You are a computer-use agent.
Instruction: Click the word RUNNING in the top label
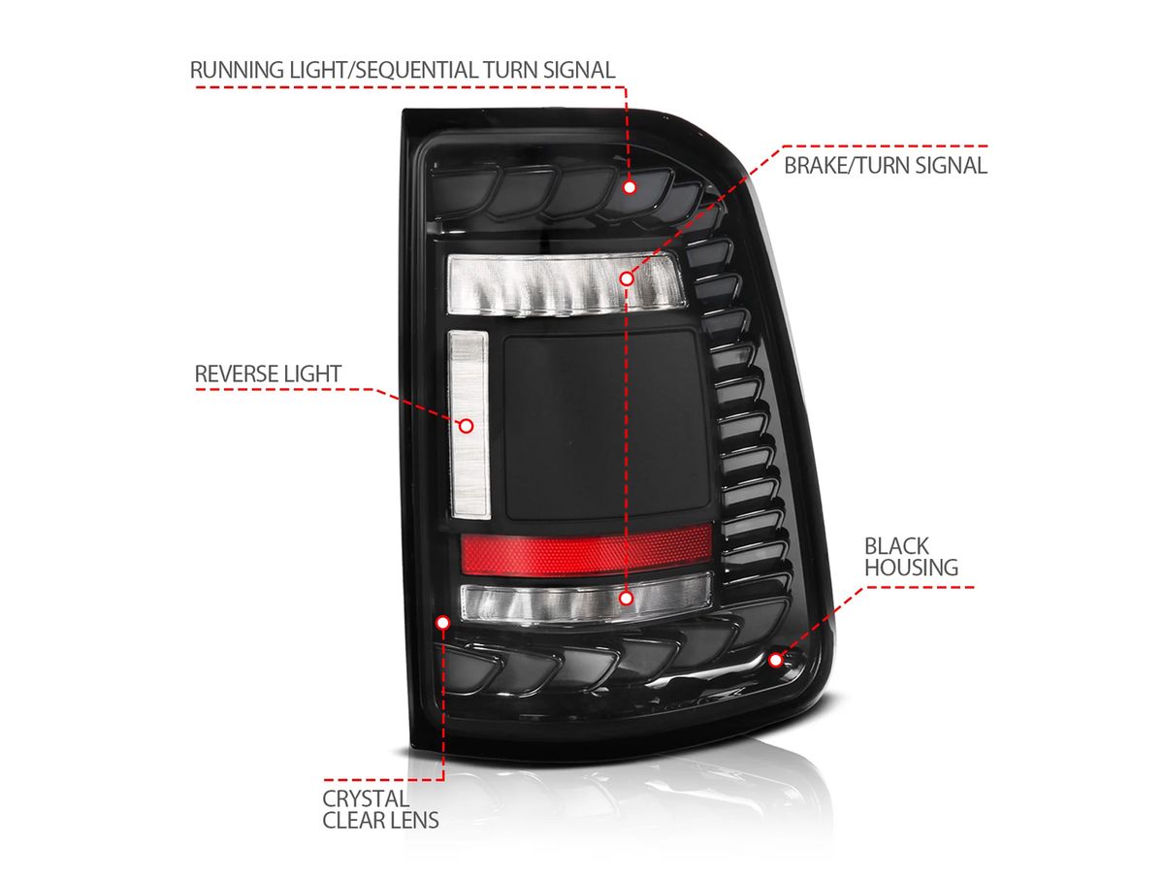(x=239, y=70)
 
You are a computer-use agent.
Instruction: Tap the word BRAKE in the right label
(x=818, y=165)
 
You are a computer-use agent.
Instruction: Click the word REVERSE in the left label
(x=237, y=374)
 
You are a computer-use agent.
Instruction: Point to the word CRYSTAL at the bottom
(x=366, y=798)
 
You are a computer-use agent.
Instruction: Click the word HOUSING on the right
(x=911, y=568)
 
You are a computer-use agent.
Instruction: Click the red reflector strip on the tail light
(x=586, y=550)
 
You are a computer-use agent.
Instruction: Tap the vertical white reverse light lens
(x=469, y=424)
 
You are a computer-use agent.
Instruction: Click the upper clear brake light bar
(x=566, y=282)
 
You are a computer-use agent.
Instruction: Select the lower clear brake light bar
(x=586, y=597)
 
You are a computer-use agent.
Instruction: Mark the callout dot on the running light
(x=630, y=187)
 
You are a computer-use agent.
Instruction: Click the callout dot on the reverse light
(x=467, y=426)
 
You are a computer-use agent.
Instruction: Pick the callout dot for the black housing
(x=775, y=660)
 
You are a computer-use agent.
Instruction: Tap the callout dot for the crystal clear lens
(x=442, y=623)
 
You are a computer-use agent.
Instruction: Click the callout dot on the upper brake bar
(x=627, y=278)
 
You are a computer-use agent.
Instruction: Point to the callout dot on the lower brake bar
(x=627, y=599)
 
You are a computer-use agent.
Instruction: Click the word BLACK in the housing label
(x=896, y=546)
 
